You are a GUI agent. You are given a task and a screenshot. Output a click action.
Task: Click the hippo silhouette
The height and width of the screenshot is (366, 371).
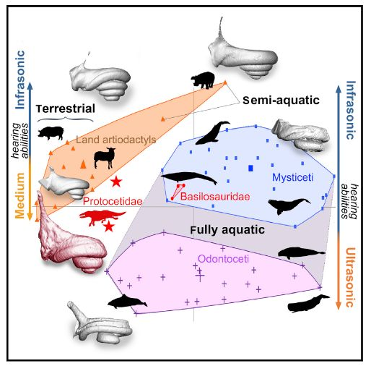coord(203,80)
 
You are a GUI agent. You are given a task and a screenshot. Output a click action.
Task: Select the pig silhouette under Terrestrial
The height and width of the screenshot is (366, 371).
coord(51,133)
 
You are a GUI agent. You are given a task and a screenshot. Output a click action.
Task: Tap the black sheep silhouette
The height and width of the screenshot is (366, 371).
coord(105,158)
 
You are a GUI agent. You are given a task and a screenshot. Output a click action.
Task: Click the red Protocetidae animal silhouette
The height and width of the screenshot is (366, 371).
coord(102,218)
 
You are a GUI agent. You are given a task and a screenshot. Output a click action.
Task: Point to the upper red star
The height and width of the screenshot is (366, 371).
coord(116,182)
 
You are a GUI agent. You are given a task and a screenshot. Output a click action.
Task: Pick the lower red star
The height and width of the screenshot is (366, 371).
coord(109,226)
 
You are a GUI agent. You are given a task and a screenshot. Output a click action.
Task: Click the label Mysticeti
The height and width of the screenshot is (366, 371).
coord(292,178)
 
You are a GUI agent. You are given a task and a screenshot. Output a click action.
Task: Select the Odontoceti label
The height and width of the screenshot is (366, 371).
coord(223,259)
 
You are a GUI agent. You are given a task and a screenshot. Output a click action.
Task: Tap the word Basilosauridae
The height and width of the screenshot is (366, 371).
coord(215,196)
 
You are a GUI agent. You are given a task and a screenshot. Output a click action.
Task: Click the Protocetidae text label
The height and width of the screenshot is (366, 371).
coord(113,201)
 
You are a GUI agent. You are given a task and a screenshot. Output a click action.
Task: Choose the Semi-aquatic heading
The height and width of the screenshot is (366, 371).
coord(281,100)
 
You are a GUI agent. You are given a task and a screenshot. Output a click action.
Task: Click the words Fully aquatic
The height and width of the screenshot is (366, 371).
coord(227,230)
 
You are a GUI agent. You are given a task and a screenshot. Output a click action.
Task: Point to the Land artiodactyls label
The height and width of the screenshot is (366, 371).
coord(116,140)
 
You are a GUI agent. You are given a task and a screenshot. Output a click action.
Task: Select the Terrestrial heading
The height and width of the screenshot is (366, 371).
coord(66,108)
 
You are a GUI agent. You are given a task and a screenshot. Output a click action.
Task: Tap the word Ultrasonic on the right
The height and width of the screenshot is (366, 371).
coord(350,277)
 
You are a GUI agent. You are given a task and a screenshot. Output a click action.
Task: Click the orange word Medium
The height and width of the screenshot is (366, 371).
coord(19,195)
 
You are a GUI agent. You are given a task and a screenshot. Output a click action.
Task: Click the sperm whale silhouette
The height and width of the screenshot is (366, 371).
coord(308,303)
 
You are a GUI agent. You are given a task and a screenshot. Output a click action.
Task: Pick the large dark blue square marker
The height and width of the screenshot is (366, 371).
coord(250,168)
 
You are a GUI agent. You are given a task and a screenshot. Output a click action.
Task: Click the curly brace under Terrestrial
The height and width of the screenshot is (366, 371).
coord(66,119)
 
